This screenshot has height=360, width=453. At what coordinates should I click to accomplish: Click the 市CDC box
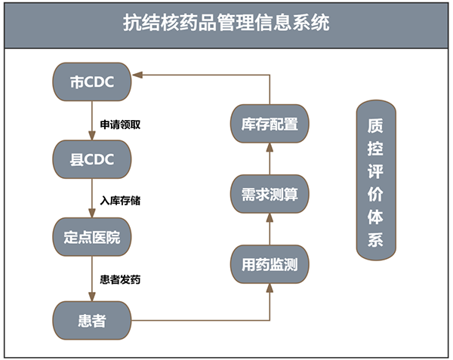coord(92,82)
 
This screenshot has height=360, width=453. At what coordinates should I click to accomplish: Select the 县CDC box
coord(92,159)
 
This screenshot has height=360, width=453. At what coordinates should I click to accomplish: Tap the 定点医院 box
coord(92,237)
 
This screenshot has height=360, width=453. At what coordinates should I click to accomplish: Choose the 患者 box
coord(92,321)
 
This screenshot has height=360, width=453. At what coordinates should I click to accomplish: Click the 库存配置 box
coord(270,124)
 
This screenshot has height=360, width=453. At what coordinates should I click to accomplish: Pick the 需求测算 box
coord(270,194)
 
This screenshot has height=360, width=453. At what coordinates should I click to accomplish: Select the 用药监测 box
coord(270,264)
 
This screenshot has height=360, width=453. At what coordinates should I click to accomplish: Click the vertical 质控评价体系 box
coord(376,180)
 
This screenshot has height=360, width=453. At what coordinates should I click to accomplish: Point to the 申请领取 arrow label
coord(120,125)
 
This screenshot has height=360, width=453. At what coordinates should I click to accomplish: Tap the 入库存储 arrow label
coord(120,200)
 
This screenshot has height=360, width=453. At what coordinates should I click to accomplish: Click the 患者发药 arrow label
coord(120,279)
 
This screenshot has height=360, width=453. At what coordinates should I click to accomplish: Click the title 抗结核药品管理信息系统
coord(226,23)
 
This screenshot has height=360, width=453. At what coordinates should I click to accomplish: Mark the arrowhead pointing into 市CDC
coord(137,75)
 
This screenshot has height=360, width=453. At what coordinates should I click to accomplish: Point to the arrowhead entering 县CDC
coord(92,135)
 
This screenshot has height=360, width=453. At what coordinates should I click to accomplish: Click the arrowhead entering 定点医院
coord(92,213)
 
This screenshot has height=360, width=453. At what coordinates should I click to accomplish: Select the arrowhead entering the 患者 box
coord(92,297)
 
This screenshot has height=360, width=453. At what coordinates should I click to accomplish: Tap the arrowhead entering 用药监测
coord(270,288)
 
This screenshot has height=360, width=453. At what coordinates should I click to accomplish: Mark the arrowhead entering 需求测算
coord(270,218)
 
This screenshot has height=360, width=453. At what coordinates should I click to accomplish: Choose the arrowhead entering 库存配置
coord(270,147)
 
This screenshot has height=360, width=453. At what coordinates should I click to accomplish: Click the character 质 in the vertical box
coord(375,125)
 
